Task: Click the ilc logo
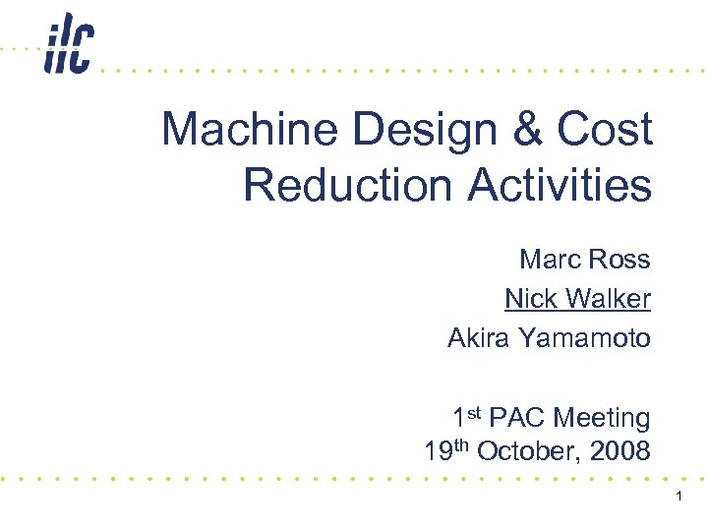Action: tap(69, 45)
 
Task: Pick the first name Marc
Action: tap(549, 260)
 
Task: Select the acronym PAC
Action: tap(517, 418)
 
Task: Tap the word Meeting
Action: tap(602, 419)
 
